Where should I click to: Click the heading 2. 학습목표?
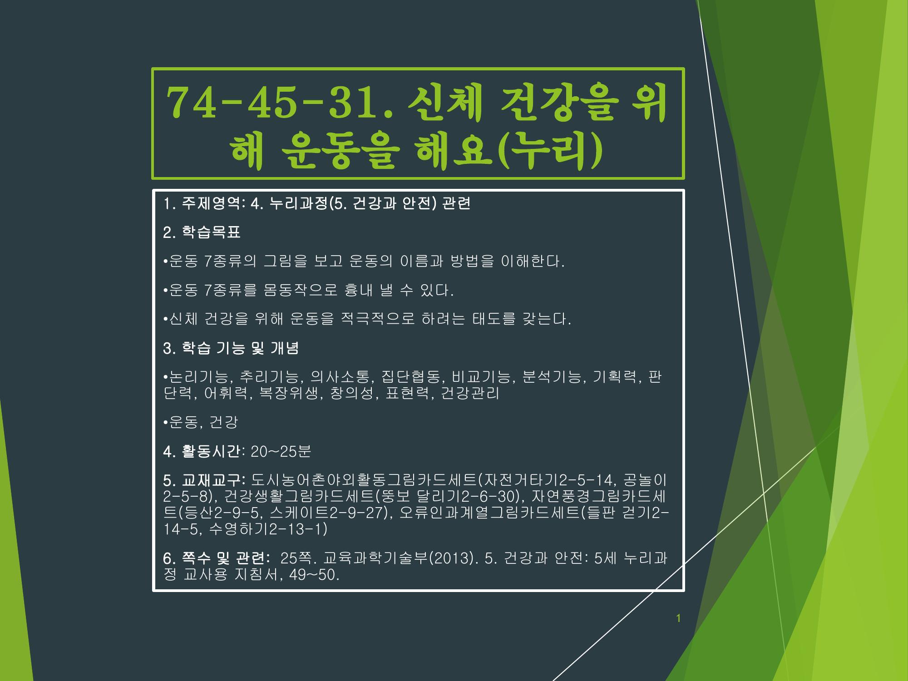(x=202, y=232)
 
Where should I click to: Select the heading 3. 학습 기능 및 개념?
(x=231, y=349)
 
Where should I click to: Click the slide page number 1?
(x=678, y=618)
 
